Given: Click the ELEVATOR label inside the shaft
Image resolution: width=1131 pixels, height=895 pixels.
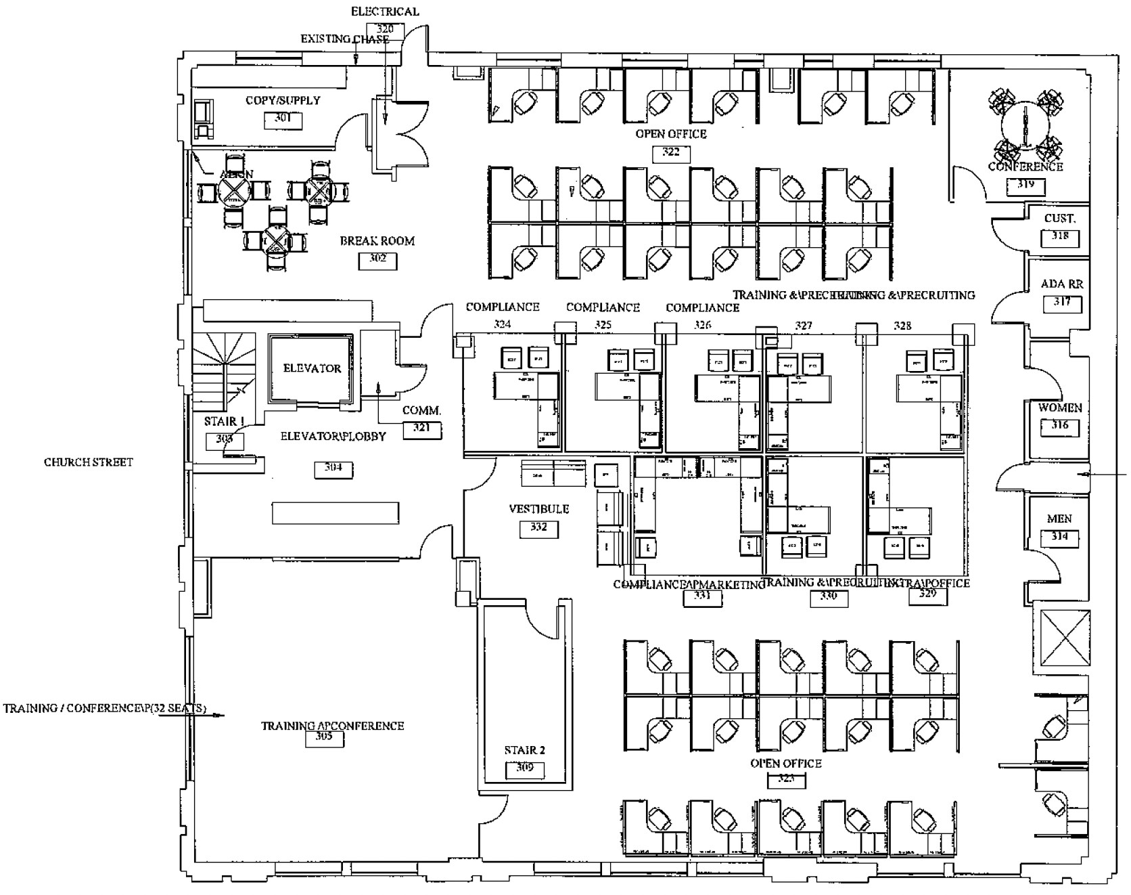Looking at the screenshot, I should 312,368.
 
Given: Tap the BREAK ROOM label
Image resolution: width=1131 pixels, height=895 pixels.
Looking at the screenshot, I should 377,241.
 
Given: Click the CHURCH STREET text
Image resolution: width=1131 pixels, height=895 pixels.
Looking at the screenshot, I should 89,462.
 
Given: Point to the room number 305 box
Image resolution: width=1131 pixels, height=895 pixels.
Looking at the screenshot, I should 324,738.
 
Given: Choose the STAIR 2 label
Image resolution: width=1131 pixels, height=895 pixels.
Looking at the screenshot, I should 524,750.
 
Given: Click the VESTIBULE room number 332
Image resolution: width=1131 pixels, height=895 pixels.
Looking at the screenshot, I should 538,527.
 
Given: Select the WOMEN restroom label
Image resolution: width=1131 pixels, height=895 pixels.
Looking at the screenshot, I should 1060,408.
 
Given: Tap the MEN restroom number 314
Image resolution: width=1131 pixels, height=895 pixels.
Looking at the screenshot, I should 1059,537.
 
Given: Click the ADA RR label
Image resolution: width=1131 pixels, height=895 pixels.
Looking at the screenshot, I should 1061,284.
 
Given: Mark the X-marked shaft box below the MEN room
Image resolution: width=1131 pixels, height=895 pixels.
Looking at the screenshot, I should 1065,638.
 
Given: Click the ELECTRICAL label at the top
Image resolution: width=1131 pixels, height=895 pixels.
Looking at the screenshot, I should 384,12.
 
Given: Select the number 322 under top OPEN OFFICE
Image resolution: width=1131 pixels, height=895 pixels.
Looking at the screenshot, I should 670,152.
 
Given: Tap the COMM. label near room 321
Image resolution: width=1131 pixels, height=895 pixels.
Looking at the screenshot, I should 421,411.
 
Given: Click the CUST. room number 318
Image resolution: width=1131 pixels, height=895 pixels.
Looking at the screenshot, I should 1060,237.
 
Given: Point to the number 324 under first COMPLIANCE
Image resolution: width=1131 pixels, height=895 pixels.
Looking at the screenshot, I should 502,324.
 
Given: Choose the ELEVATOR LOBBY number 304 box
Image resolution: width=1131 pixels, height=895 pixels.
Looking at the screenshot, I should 333,468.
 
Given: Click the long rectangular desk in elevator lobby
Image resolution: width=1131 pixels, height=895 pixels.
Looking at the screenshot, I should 335,512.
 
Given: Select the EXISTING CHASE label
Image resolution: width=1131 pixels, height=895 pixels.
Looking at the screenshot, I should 344,39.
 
